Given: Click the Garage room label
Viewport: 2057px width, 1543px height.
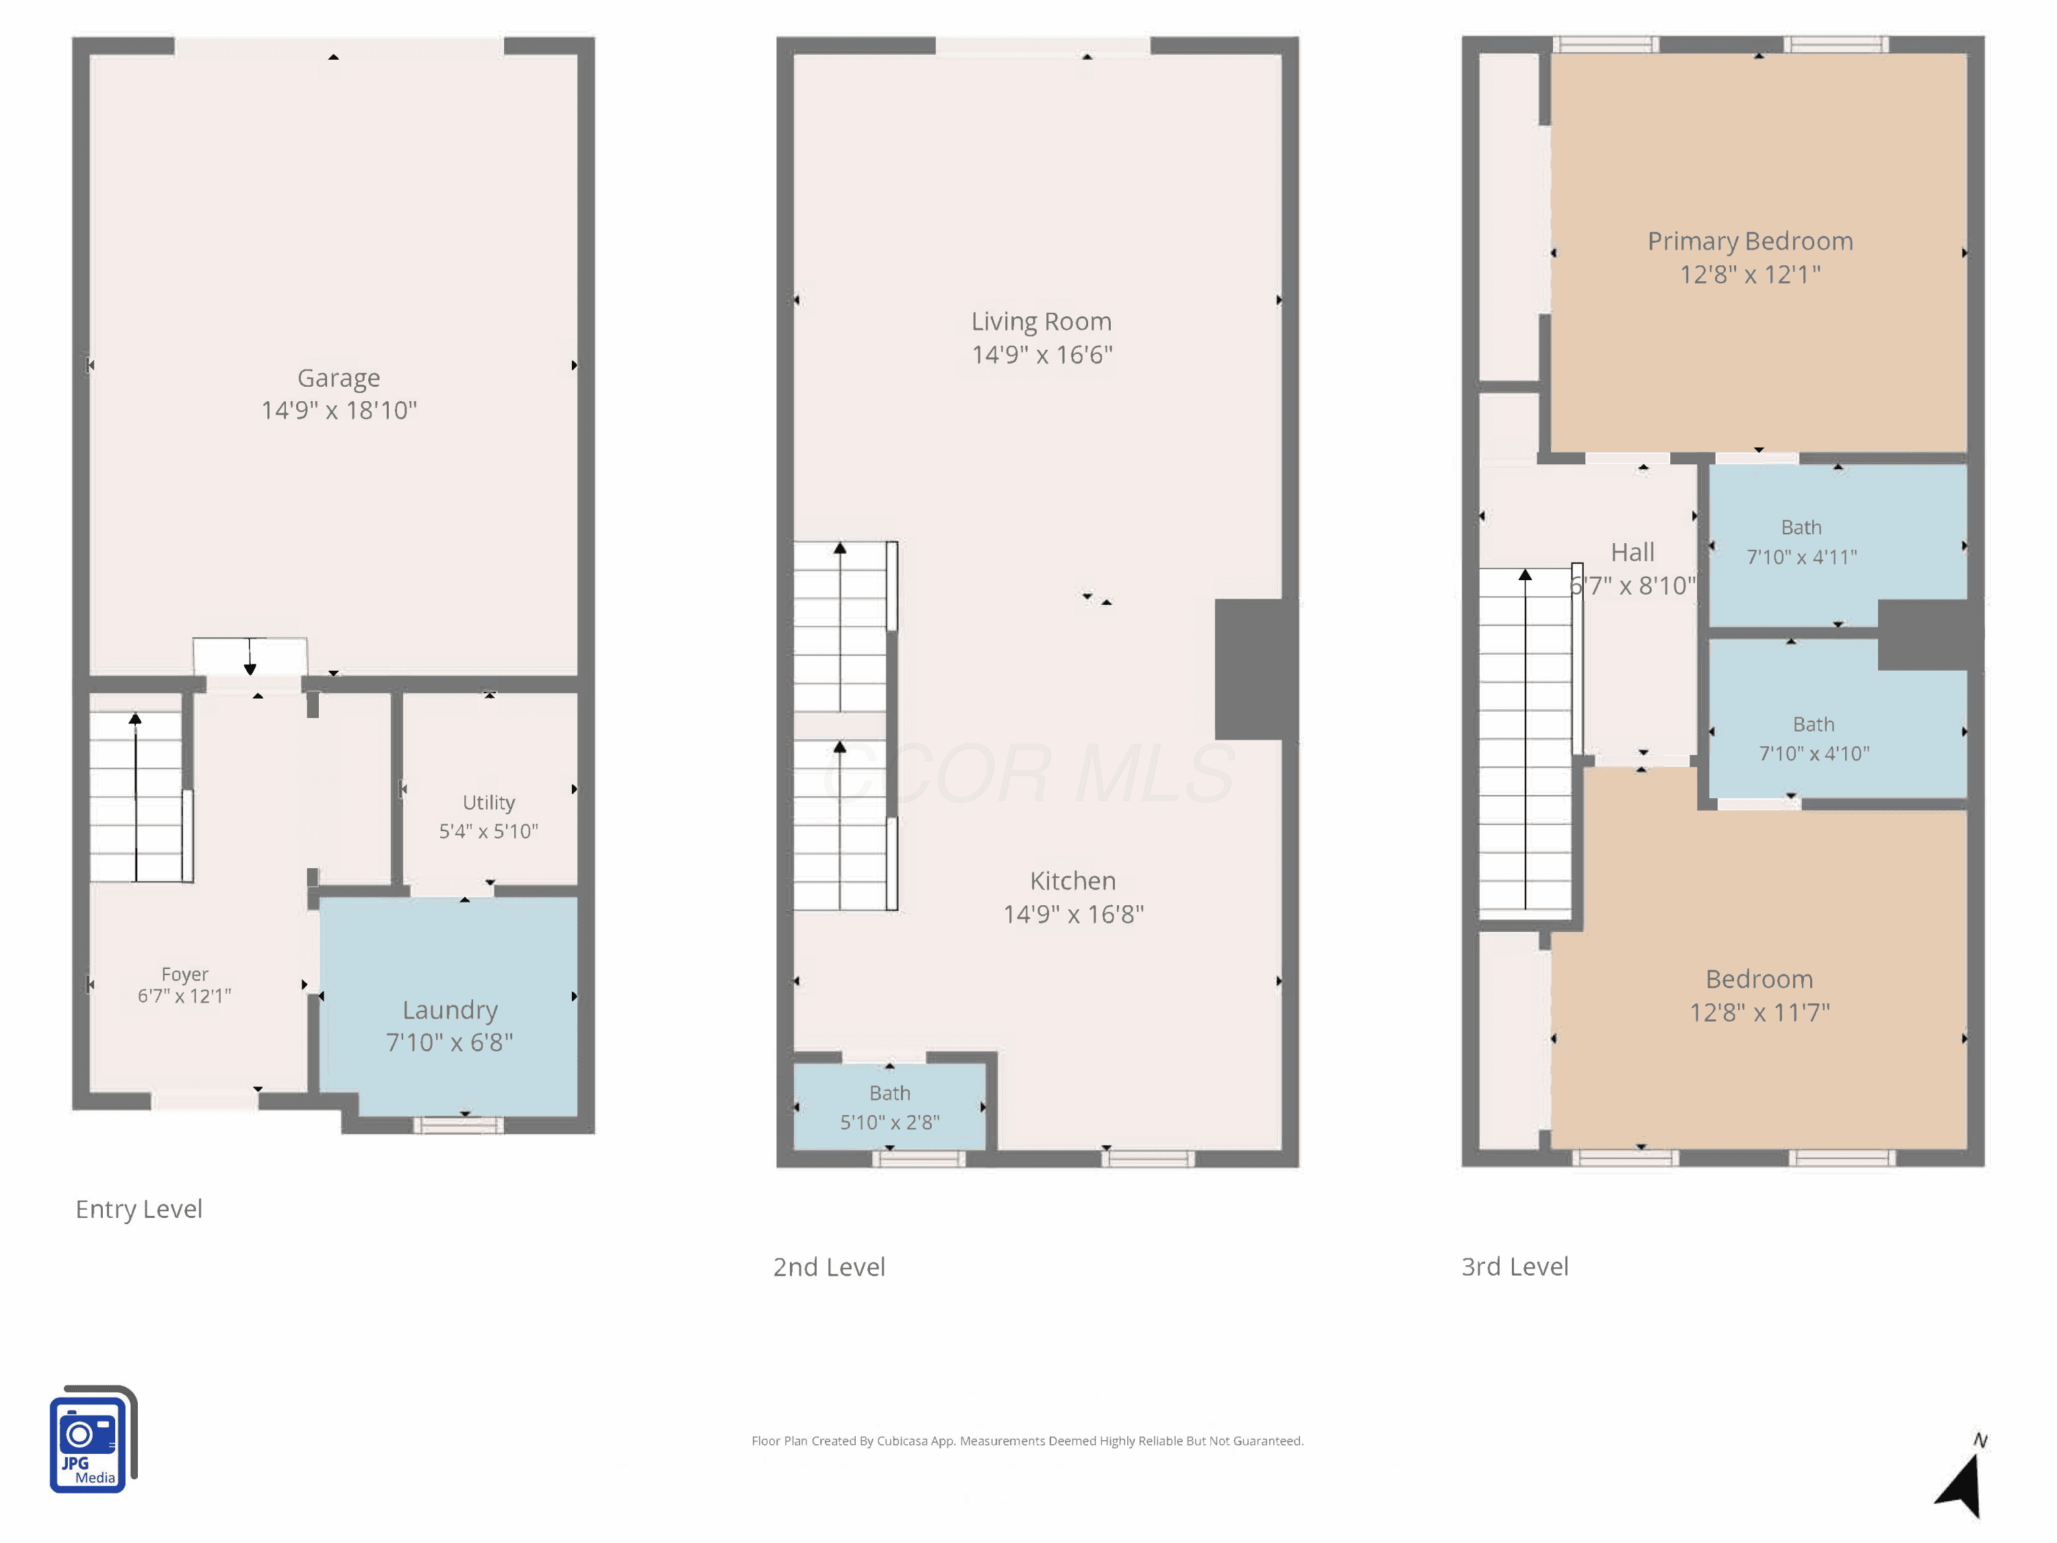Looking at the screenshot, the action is click(339, 378).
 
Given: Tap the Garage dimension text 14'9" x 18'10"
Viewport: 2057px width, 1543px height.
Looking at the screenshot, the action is click(339, 410).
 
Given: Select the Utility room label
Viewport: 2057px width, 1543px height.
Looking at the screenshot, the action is click(488, 802).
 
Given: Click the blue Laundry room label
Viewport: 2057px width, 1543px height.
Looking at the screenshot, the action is click(450, 1010).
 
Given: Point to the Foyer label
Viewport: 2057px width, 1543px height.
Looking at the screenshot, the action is click(184, 974).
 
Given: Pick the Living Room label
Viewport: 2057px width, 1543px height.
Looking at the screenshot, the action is click(1042, 321).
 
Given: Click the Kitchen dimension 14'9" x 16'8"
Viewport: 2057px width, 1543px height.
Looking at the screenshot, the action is click(1073, 914).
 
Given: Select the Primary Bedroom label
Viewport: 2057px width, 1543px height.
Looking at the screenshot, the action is click(1750, 242).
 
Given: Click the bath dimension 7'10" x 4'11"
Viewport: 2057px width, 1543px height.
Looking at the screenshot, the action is click(1801, 557).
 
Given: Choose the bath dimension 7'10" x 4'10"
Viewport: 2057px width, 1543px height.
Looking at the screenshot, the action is click(1814, 754).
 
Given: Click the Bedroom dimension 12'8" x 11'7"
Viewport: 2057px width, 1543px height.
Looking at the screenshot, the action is click(1759, 1013).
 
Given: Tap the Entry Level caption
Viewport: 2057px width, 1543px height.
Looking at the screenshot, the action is click(139, 1209).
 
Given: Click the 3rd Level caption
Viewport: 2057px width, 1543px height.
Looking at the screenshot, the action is click(1514, 1267).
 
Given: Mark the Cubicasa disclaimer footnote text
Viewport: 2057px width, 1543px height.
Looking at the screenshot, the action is click(1028, 1441).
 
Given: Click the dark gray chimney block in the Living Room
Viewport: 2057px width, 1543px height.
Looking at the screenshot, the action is click(1256, 669).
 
